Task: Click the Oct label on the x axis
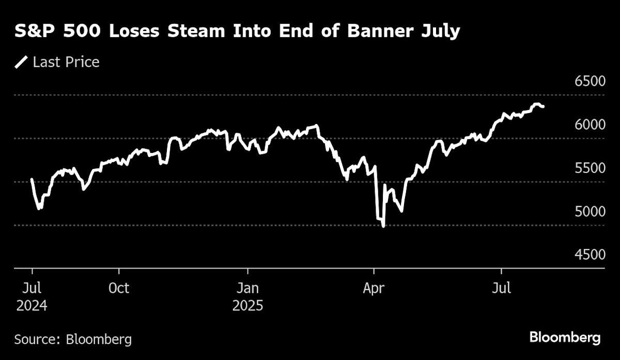coord(119,288)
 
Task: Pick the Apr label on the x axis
coord(373,288)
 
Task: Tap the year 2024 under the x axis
coord(32,306)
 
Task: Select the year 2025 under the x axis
coord(247,306)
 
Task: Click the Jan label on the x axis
coord(247,288)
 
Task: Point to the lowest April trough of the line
coord(383,226)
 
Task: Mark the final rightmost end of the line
coord(542,106)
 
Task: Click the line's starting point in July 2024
coord(32,179)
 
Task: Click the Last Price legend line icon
coord(22,62)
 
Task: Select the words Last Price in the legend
coord(66,62)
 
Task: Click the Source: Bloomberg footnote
coord(73,339)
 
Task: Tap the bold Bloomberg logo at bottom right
coord(565,338)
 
